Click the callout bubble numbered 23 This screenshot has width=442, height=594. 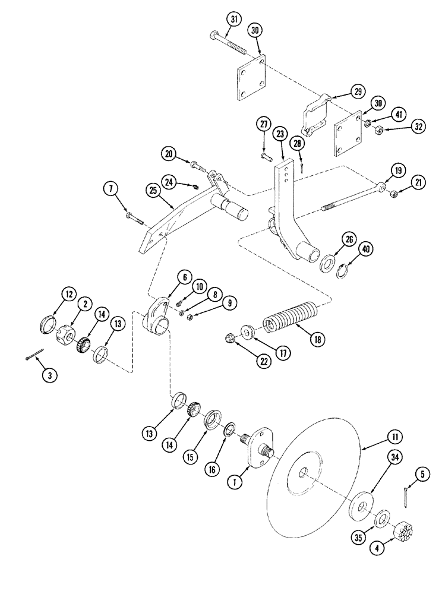pyautogui.click(x=280, y=134)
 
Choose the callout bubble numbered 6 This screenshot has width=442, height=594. pyautogui.click(x=184, y=277)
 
